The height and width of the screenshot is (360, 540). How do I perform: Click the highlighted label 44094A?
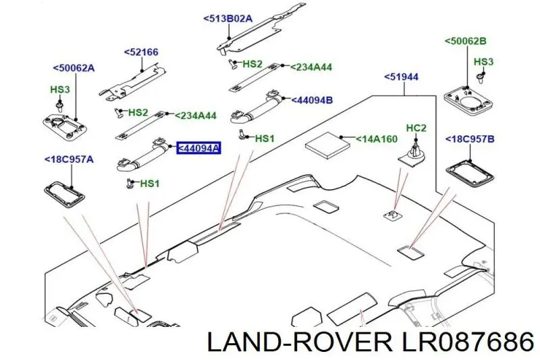coord(198,148)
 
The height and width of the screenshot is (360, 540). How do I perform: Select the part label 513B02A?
coord(228,18)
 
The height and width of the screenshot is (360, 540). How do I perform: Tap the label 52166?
coord(141,53)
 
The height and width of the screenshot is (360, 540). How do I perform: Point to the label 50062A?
coord(74,68)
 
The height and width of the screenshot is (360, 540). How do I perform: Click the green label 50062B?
coord(465,41)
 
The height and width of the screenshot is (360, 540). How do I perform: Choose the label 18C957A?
coord(69,159)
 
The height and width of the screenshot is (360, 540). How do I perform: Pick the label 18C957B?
coord(470,139)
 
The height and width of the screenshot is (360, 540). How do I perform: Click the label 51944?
coord(401,77)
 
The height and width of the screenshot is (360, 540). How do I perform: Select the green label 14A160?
coord(377,139)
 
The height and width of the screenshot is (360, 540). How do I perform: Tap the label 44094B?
coord(312,100)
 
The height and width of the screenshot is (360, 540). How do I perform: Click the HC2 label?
coord(416,128)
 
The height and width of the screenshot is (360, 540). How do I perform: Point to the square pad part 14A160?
coord(327,145)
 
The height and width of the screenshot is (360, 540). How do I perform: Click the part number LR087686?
coord(465,342)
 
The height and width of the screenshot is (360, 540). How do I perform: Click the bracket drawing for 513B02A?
coord(262,29)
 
